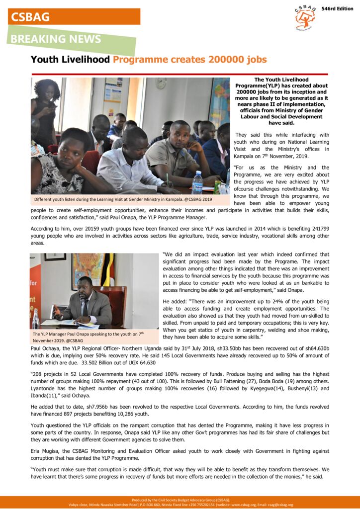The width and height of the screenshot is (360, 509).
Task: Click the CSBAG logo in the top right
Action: point(305,18)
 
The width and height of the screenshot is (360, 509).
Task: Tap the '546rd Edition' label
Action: point(337,9)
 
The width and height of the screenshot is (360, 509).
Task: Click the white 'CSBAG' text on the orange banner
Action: point(30,16)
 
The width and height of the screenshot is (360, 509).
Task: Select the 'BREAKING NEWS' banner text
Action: point(56,39)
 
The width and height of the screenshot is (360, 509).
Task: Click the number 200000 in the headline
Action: point(223,60)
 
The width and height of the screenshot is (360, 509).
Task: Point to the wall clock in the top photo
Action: point(161,84)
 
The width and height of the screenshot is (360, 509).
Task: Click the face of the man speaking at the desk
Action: point(85,287)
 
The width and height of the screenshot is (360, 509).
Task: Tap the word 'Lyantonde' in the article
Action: point(46,388)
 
